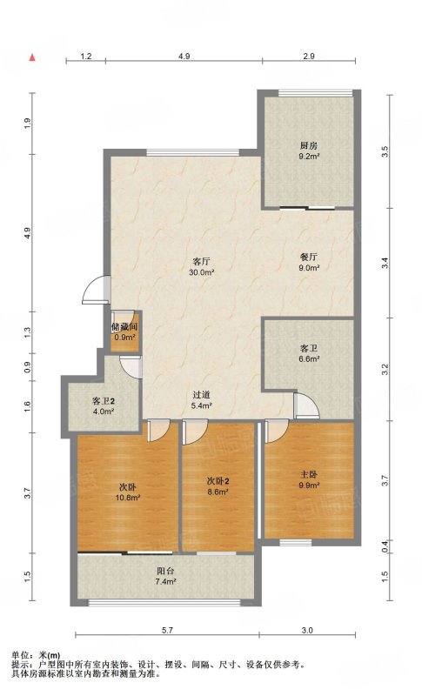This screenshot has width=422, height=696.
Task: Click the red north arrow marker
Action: (32, 57)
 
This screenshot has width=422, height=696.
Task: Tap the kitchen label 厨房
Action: (309, 145)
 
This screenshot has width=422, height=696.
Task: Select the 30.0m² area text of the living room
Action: (202, 272)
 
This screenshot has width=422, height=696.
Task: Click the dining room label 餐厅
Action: (309, 257)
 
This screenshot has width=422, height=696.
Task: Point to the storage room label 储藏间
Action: (124, 327)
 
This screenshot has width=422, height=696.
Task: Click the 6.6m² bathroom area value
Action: (309, 359)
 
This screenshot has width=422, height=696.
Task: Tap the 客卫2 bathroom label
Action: (104, 401)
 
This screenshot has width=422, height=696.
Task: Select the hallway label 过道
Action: (202, 395)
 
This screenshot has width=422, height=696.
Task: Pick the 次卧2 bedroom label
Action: (218, 481)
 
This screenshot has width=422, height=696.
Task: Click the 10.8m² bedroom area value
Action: (128, 498)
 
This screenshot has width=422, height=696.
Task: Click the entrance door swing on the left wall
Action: (95, 291)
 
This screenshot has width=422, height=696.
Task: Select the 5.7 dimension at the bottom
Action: (167, 630)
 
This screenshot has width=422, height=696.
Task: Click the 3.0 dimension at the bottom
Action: (307, 630)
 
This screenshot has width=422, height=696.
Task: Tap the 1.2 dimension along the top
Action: (86, 57)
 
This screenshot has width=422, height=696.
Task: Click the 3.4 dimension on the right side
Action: (385, 263)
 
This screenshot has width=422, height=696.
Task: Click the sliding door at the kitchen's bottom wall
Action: (308, 208)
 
